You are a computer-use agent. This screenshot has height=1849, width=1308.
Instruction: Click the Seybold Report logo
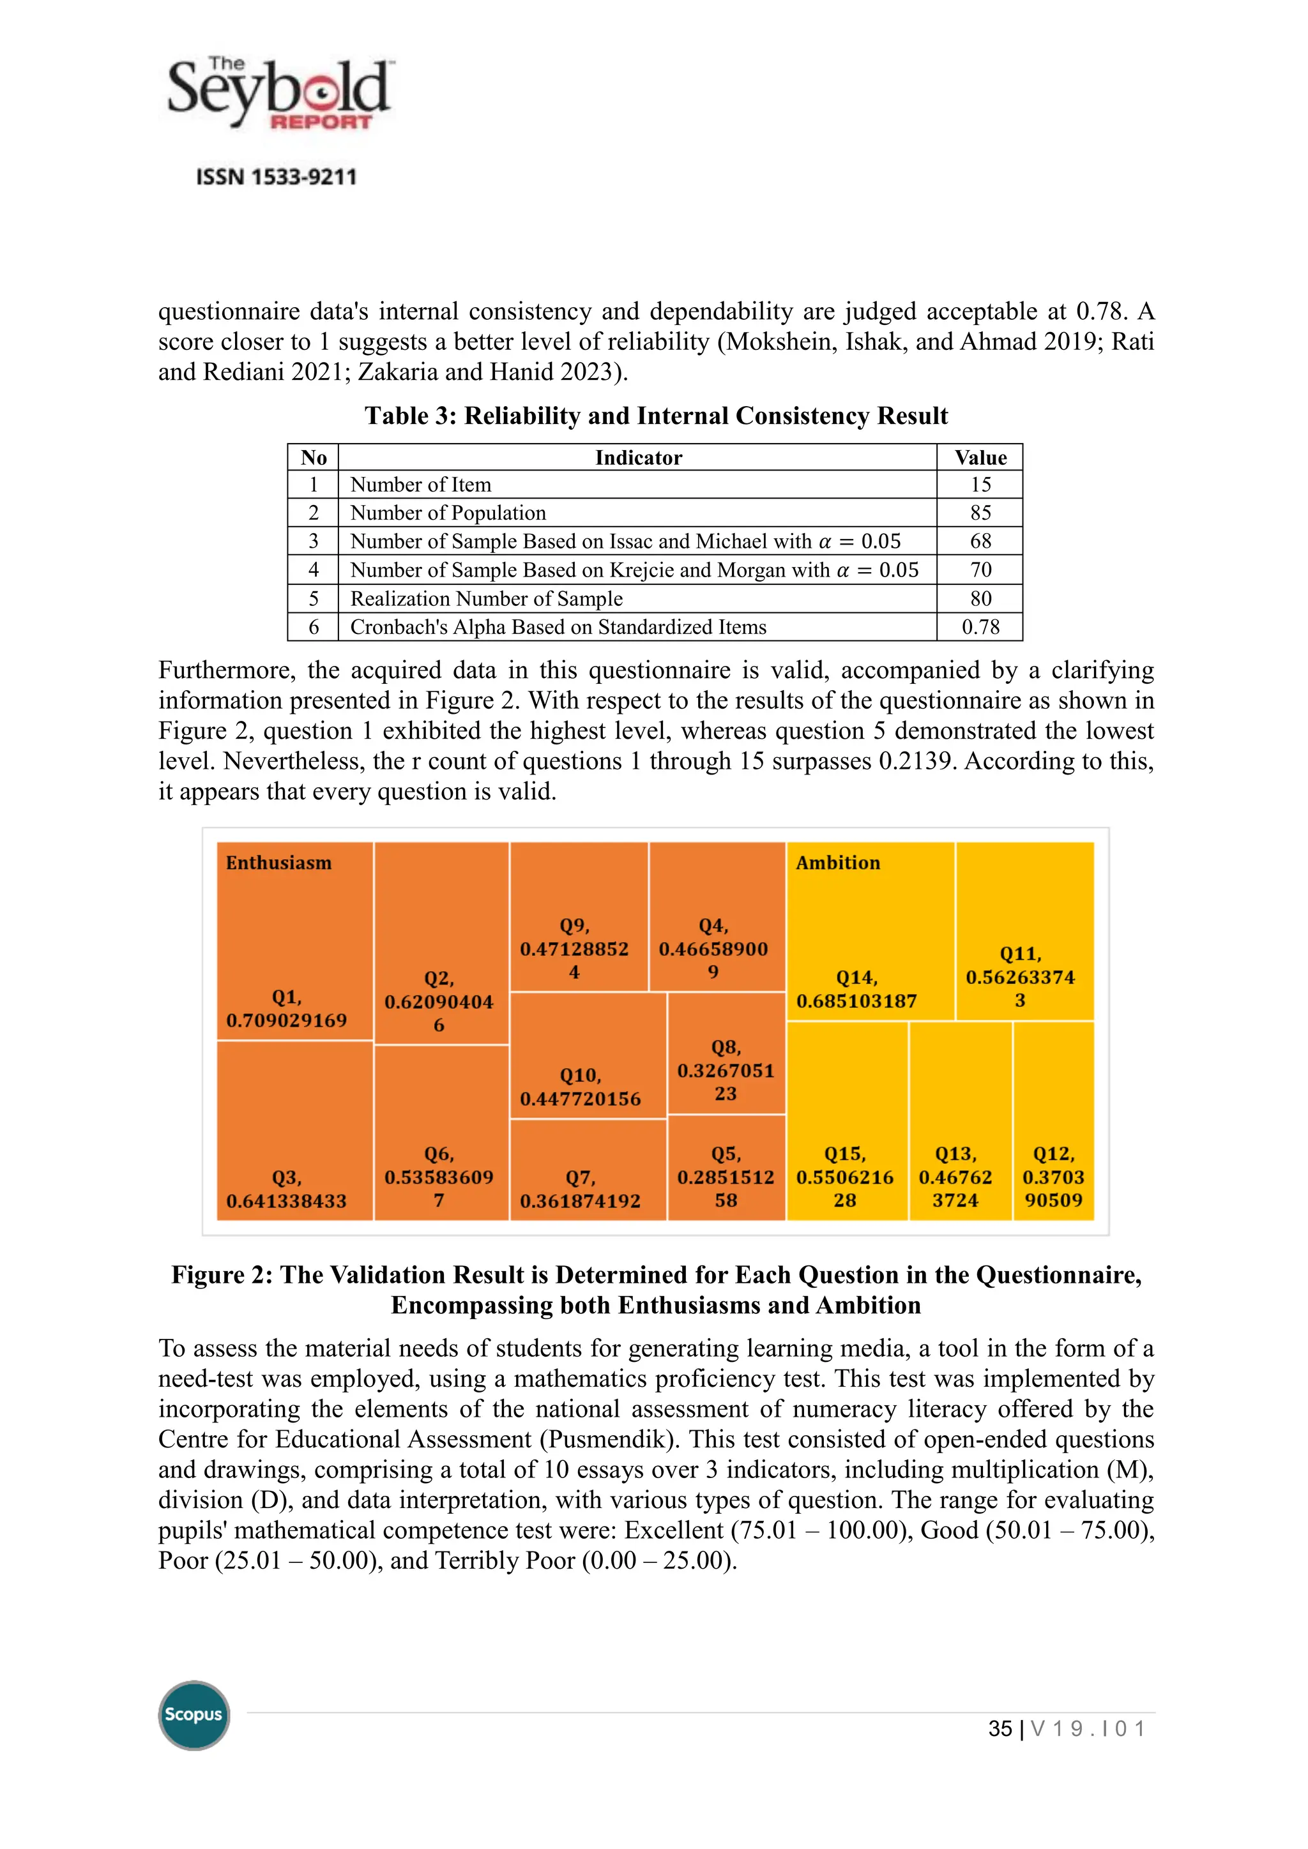pyautogui.click(x=278, y=93)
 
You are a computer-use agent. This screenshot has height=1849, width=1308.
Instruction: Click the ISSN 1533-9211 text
pyautogui.click(x=277, y=177)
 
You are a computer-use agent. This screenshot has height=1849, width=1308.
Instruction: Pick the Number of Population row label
pyautogui.click(x=448, y=513)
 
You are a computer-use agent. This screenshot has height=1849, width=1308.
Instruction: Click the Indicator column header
pyautogui.click(x=637, y=457)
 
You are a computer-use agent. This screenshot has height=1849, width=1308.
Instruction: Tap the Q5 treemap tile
pyautogui.click(x=726, y=1168)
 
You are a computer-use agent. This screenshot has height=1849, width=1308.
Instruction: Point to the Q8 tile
pyautogui.click(x=726, y=1054)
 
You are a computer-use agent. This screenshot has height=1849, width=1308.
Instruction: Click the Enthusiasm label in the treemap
pyautogui.click(x=278, y=863)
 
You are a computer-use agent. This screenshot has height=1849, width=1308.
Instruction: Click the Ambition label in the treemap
pyautogui.click(x=838, y=863)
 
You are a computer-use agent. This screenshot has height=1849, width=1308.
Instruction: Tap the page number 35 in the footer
pyautogui.click(x=1000, y=1729)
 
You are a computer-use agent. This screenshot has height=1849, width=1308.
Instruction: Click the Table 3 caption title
pyautogui.click(x=656, y=416)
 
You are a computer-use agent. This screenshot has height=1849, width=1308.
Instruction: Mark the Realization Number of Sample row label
pyautogui.click(x=485, y=598)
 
